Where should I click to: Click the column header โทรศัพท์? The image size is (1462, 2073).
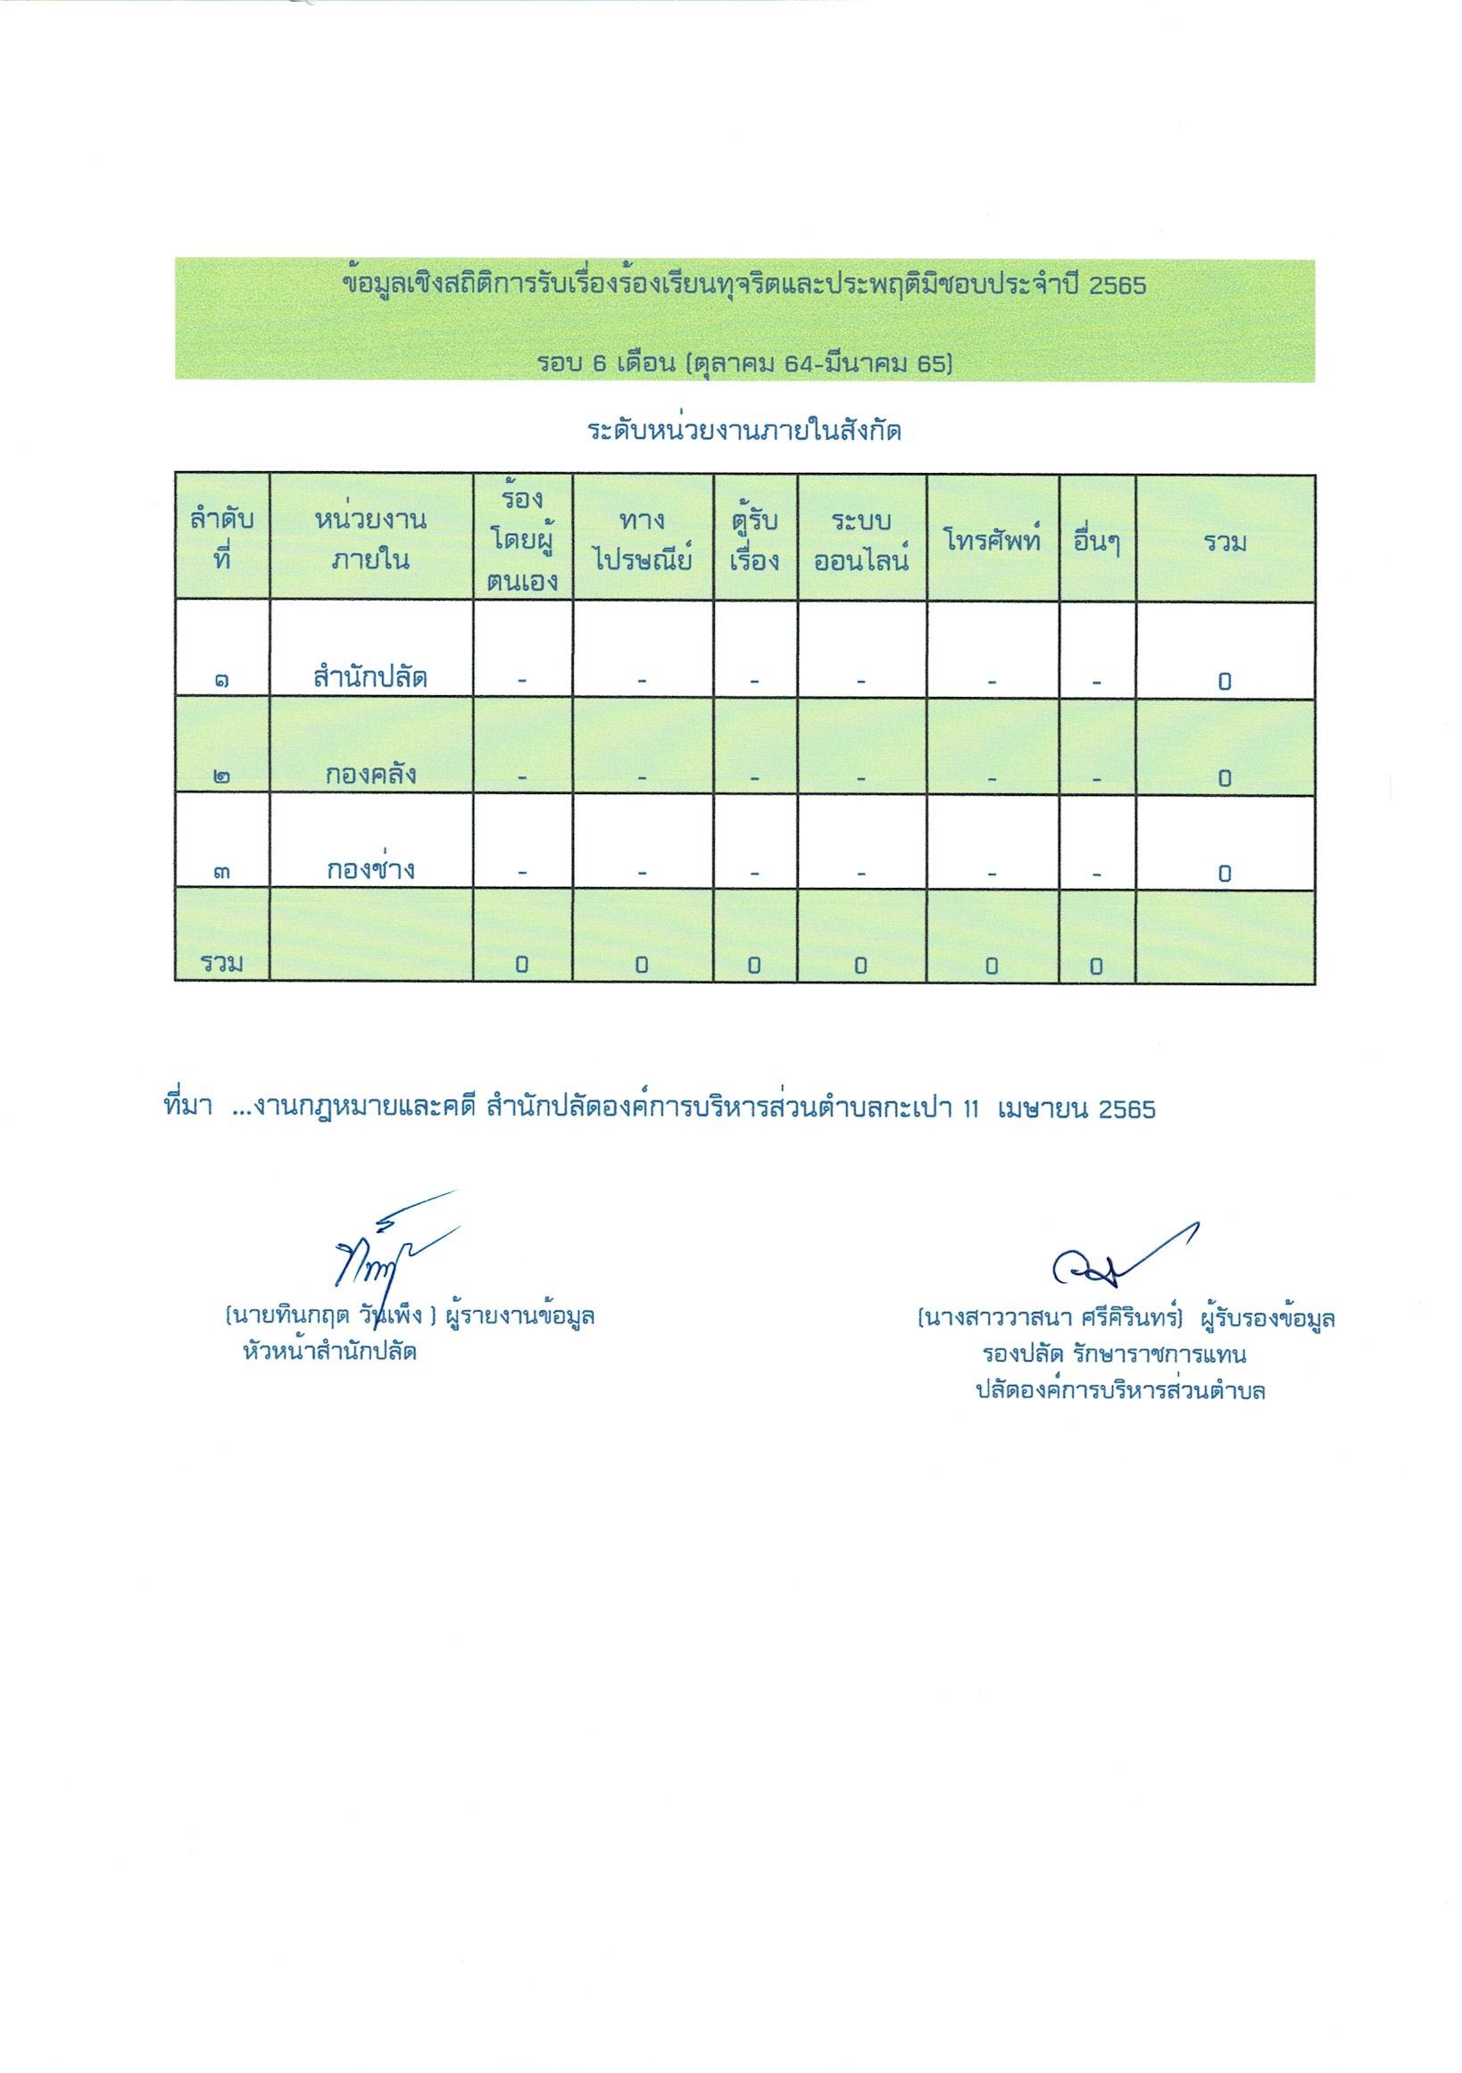pyautogui.click(x=992, y=542)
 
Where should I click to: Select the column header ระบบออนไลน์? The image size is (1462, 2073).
pyautogui.click(x=861, y=542)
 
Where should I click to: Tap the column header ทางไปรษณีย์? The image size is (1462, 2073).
pyautogui.click(x=643, y=542)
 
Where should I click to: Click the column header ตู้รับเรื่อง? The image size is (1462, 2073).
pyautogui.click(x=755, y=542)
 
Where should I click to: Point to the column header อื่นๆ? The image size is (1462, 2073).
pyautogui.click(x=1097, y=542)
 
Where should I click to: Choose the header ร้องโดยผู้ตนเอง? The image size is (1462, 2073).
pyautogui.click(x=523, y=540)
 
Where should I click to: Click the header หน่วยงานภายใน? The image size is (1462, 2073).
pyautogui.click(x=371, y=542)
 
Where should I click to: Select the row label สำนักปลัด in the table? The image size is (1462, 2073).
pyautogui.click(x=371, y=678)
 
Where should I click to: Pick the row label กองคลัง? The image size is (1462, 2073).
pyautogui.click(x=371, y=775)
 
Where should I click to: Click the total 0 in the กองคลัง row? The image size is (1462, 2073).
pyautogui.click(x=1225, y=777)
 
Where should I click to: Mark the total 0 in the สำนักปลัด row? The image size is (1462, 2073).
pyautogui.click(x=1225, y=681)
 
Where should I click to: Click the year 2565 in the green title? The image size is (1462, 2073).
pyautogui.click(x=1118, y=286)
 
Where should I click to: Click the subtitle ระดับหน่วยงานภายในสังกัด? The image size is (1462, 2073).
pyautogui.click(x=745, y=432)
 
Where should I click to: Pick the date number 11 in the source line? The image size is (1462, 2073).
pyautogui.click(x=972, y=1109)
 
